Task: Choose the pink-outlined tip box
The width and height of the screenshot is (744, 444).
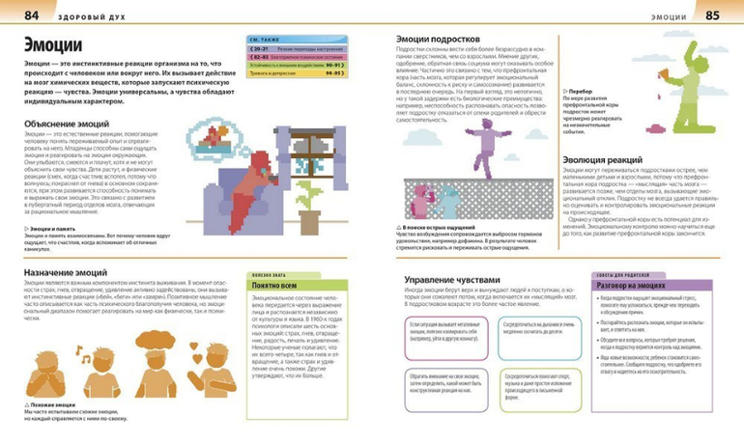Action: (x=438, y=335)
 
